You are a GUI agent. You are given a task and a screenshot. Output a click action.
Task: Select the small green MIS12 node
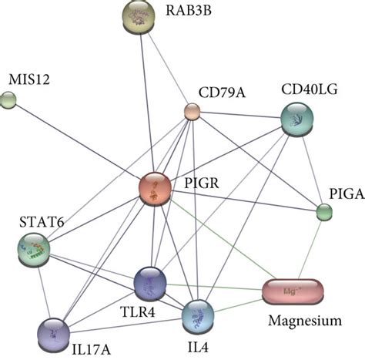coord(8,99)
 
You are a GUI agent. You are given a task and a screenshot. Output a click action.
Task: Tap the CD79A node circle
coord(192,113)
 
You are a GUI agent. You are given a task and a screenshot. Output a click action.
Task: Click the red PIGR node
coord(157,190)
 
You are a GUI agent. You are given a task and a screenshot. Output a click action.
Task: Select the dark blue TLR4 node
coord(149,283)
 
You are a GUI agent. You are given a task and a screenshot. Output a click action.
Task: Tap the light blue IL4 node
coord(196,315)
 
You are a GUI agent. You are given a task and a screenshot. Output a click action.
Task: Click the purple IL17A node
coord(53,332)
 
